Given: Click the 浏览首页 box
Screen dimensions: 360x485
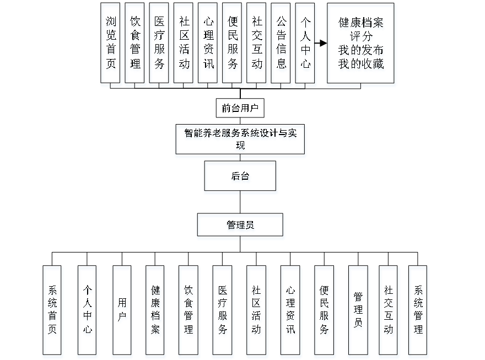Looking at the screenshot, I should (x=111, y=45).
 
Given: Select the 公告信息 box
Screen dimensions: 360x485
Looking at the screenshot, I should (x=282, y=45).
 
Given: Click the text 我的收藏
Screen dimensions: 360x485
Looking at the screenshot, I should (x=362, y=65).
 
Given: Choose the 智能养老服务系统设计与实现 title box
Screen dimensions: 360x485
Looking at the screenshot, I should (x=240, y=141).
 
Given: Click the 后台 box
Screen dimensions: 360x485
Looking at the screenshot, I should (x=240, y=178).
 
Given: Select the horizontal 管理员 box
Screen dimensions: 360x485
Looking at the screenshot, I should (x=240, y=227).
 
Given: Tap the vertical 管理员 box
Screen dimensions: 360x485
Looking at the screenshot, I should (x=358, y=311).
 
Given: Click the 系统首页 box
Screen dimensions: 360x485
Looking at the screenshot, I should (x=53, y=311).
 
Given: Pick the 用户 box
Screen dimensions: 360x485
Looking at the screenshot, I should (x=122, y=311).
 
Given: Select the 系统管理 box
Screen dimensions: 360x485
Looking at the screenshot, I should (x=418, y=311).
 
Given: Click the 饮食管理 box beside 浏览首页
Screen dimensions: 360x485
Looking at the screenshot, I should (x=136, y=45).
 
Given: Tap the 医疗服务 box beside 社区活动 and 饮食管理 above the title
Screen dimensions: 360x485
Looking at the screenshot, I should (x=160, y=45).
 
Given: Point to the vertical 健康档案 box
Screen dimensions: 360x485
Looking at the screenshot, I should (x=155, y=311).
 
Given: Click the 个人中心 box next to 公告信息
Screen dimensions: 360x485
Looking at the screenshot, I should (x=306, y=45).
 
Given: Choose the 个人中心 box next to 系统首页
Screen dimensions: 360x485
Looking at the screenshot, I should (x=87, y=311).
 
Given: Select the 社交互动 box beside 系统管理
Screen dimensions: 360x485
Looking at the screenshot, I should (x=389, y=311).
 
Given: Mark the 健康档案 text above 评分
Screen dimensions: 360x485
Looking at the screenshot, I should (x=362, y=24).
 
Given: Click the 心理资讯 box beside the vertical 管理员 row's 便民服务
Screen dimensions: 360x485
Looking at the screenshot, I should (x=290, y=311).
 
